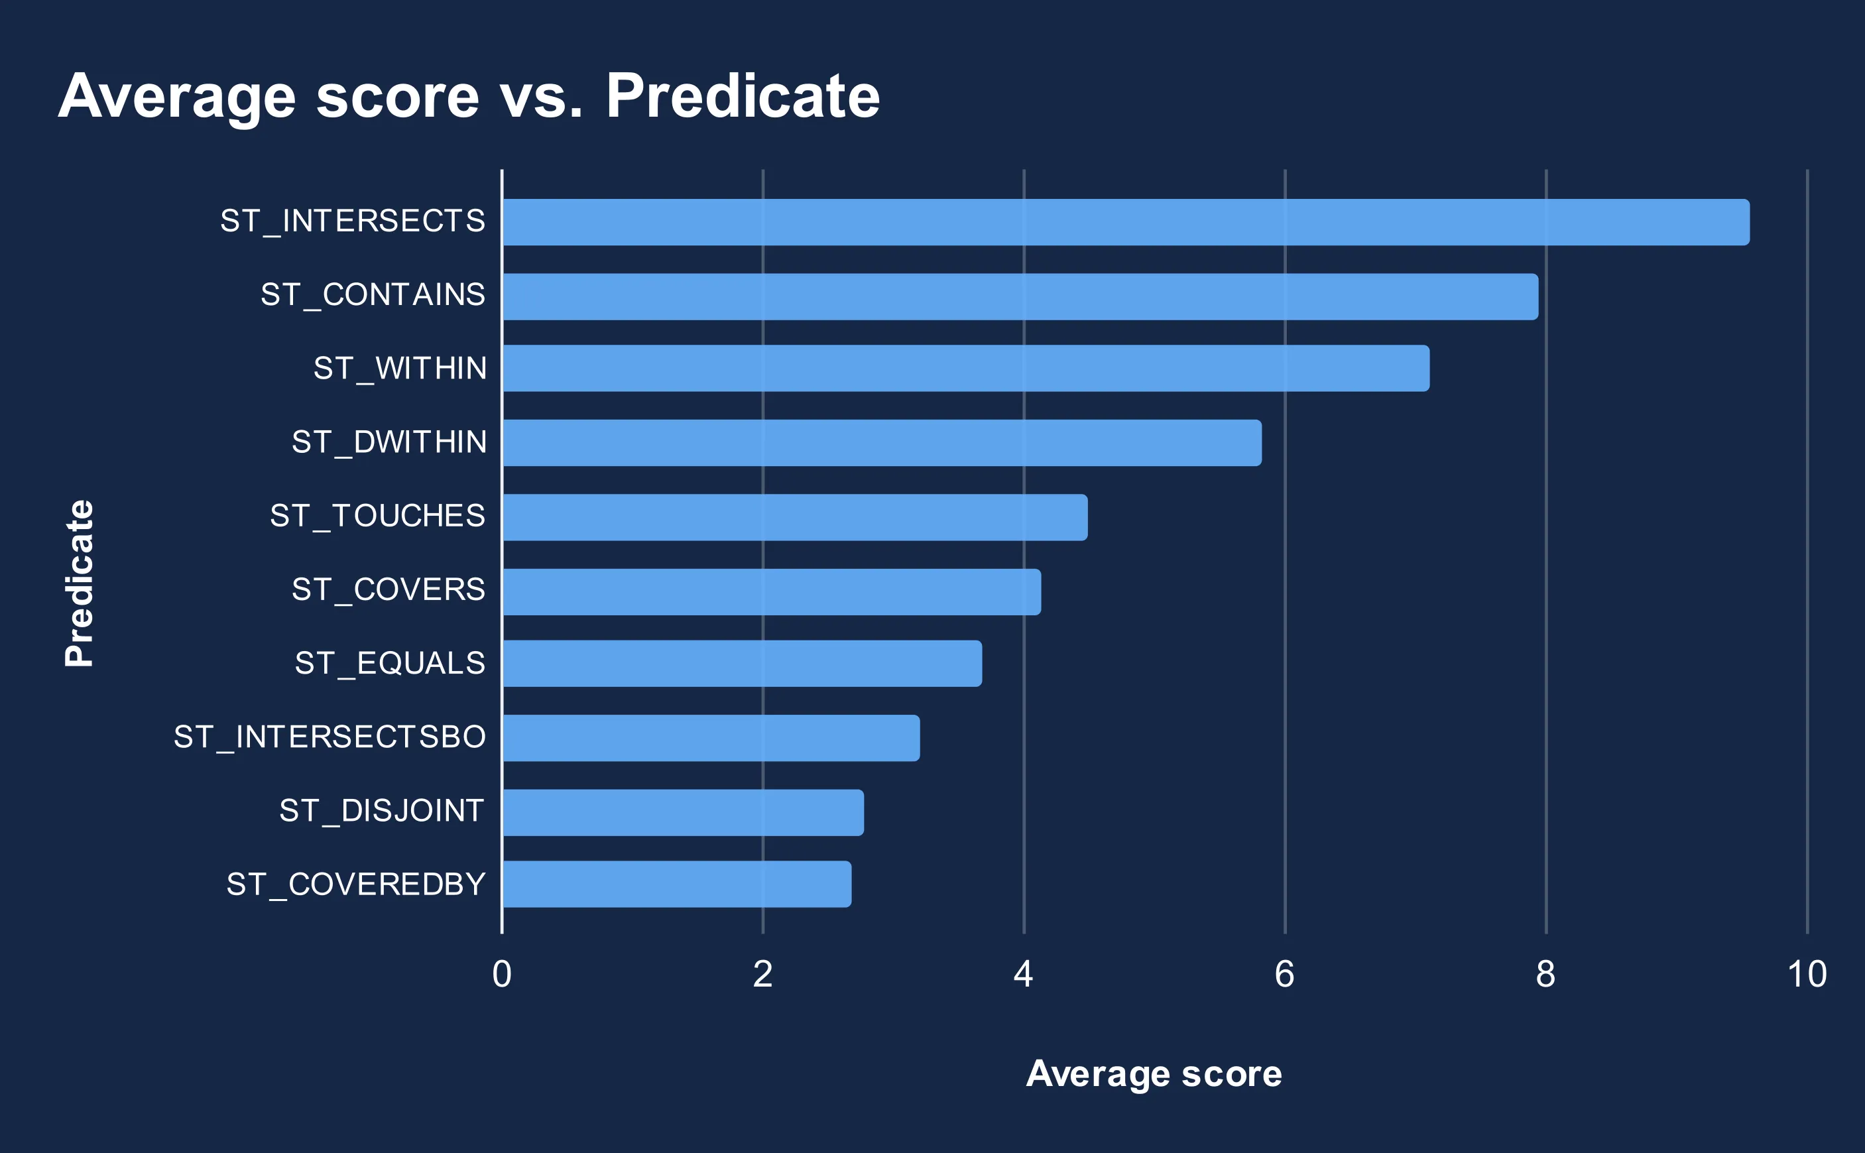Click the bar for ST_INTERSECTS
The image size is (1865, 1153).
[1125, 222]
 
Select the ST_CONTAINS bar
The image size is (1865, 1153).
[1020, 296]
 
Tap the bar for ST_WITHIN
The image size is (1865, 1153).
[965, 369]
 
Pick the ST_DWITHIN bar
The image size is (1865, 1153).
[881, 442]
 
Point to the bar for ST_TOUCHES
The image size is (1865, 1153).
[794, 517]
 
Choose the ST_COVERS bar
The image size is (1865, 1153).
[771, 592]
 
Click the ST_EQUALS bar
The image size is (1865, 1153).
[742, 664]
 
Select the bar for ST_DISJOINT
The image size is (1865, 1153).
[682, 812]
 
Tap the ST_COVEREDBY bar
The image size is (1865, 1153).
[676, 884]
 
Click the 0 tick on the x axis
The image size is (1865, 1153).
[502, 975]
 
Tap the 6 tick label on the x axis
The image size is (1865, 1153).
[1285, 975]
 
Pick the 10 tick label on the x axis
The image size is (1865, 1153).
[1806, 975]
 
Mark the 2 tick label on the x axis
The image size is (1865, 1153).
[762, 975]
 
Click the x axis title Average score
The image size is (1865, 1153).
[1154, 1073]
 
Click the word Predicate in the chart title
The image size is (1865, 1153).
[743, 97]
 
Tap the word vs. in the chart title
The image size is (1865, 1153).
[542, 97]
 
